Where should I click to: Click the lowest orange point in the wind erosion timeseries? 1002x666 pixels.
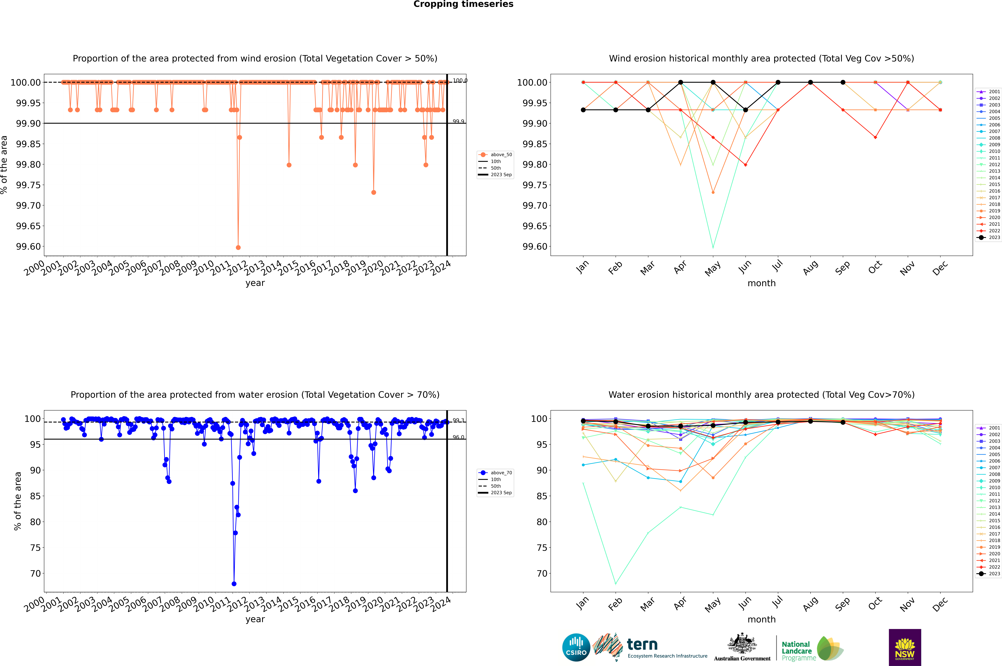click(238, 247)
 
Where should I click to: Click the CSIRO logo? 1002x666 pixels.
click(576, 647)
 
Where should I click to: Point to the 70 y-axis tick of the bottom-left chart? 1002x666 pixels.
click(35, 573)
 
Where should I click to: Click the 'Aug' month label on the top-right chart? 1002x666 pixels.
click(810, 268)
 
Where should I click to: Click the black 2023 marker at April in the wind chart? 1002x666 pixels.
click(681, 82)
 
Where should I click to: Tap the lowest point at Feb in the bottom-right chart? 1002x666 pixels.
click(615, 584)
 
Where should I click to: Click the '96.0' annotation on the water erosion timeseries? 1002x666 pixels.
click(458, 437)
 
